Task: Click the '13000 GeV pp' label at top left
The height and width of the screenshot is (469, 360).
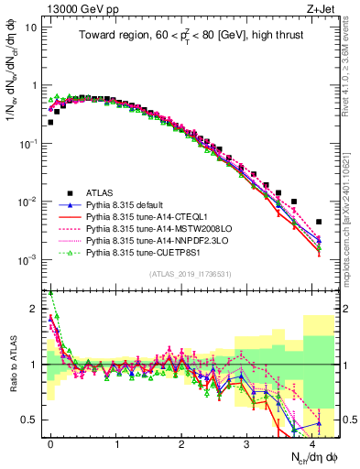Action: coord(69,8)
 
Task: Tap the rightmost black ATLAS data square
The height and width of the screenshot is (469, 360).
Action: coord(319,222)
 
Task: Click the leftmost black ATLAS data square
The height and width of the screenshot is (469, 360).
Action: coord(50,122)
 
